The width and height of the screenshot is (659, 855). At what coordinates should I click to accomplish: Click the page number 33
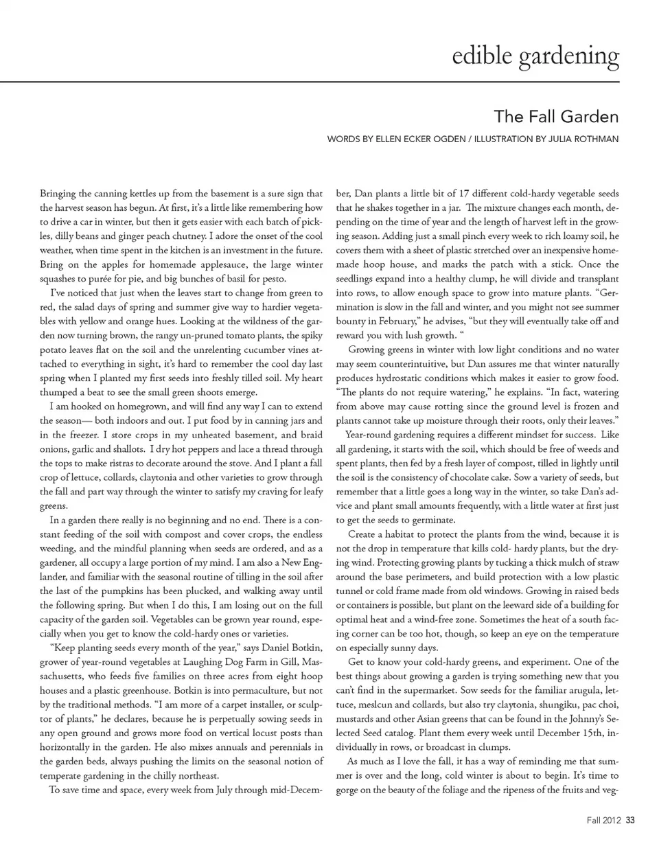coord(631,819)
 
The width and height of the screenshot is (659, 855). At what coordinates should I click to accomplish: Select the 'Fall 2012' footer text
coord(604,819)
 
